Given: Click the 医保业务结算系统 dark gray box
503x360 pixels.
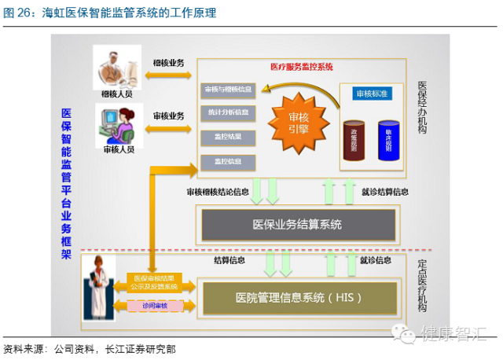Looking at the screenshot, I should point(298,225).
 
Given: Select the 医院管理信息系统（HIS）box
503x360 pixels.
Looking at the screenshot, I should point(298,297).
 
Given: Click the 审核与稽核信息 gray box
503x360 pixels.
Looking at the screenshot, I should point(229,89).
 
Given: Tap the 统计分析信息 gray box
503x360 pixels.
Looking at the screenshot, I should point(229,112).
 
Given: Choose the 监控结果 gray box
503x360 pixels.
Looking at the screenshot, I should point(229,137).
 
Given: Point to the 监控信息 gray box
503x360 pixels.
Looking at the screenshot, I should point(229,161).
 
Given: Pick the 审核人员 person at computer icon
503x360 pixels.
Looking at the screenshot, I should point(118,123).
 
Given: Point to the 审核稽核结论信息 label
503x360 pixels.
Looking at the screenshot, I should point(219,191).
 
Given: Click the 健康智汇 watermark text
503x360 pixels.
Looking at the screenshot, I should point(456,336).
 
